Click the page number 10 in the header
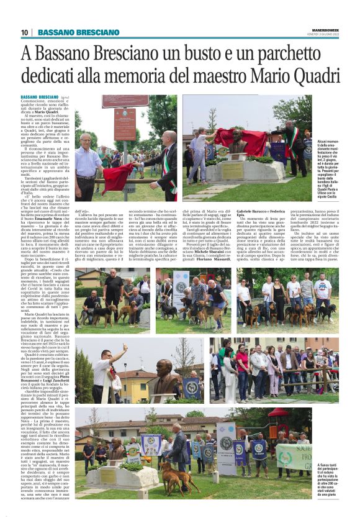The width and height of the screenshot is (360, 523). point(25,32)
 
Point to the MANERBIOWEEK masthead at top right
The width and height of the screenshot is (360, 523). point(325,30)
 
